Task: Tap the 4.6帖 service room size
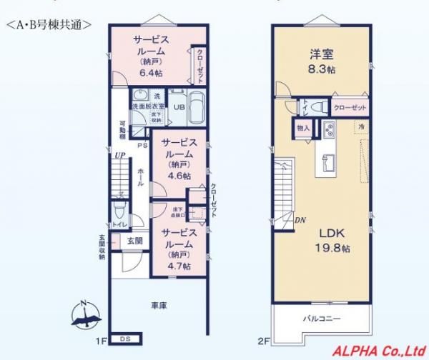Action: click(x=175, y=175)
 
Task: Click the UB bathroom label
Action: click(x=181, y=108)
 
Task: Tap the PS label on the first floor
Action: click(x=142, y=145)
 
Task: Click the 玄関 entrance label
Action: click(x=135, y=241)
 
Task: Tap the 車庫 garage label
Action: click(x=159, y=306)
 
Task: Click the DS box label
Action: click(x=124, y=339)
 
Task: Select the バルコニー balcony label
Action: click(x=320, y=318)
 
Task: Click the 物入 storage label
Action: click(x=304, y=128)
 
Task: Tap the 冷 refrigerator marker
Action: click(x=362, y=126)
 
